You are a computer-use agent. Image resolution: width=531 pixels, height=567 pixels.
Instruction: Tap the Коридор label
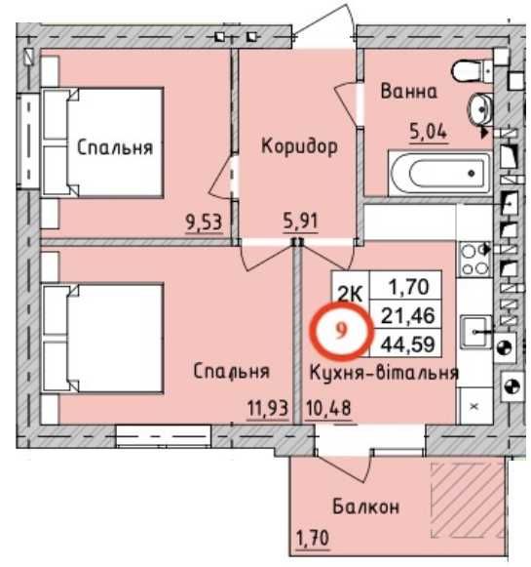299,146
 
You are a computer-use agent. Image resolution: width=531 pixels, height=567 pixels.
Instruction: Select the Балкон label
364,507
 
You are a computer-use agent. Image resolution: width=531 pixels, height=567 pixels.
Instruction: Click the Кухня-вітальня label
384,372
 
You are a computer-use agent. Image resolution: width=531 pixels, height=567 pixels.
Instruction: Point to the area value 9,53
203,222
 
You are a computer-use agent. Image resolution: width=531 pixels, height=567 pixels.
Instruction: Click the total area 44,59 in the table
409,343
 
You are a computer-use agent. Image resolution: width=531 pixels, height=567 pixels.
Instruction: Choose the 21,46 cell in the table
409,315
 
